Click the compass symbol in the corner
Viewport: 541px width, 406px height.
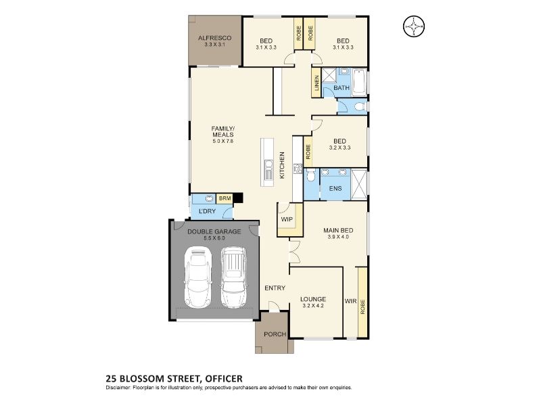coord(414,26)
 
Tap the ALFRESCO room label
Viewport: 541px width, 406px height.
coord(214,38)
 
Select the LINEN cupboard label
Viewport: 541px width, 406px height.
coord(316,83)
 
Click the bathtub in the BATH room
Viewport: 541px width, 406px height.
coord(359,82)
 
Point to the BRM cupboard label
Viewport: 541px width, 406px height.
coord(225,198)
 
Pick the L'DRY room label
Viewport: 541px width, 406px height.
coord(208,211)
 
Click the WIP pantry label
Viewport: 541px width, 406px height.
coord(287,219)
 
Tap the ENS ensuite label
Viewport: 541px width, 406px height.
coord(335,188)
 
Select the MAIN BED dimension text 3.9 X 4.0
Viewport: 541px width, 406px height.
coord(338,237)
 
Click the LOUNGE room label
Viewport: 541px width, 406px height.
coord(313,299)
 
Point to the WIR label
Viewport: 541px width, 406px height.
coord(350,301)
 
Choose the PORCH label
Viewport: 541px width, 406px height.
coord(275,334)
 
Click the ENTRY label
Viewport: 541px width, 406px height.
coord(275,288)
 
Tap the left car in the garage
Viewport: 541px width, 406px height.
coord(198,277)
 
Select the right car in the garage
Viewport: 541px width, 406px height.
coord(233,277)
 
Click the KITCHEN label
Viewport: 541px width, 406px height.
coord(282,165)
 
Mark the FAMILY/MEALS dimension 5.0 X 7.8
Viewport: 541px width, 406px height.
coord(223,141)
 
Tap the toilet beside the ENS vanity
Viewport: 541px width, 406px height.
coord(310,175)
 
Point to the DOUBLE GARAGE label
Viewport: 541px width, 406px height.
coord(214,231)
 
